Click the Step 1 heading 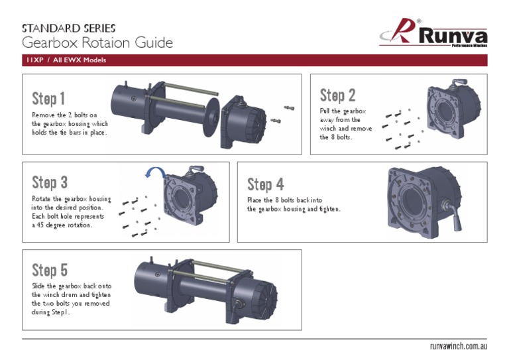(x=48, y=99)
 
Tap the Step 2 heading (x=337, y=95)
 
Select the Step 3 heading (x=50, y=182)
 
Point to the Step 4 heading (x=265, y=184)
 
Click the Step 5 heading (x=50, y=270)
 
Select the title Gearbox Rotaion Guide (x=97, y=44)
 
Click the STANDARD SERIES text (x=69, y=29)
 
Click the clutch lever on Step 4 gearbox (x=456, y=216)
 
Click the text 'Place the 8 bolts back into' (x=285, y=200)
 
